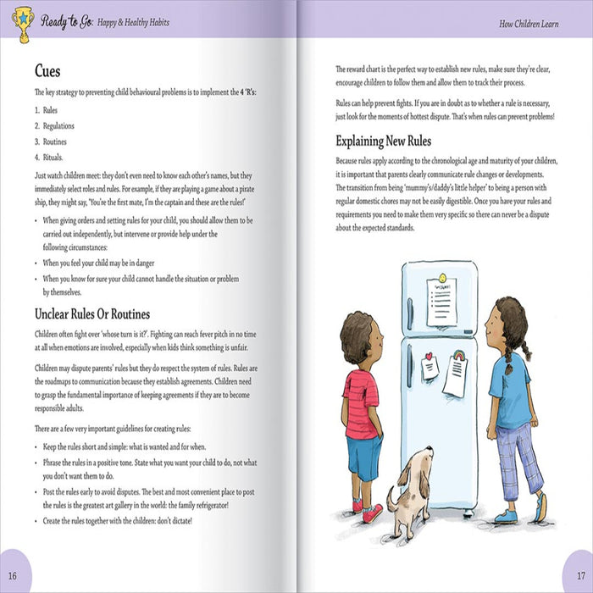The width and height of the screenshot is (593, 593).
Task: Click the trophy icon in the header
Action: click(21, 23)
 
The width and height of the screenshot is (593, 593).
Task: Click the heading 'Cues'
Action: click(47, 71)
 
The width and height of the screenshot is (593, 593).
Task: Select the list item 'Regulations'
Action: click(58, 126)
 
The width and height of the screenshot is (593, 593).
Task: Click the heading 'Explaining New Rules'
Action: click(383, 141)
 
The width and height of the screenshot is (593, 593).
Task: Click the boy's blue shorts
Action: click(364, 457)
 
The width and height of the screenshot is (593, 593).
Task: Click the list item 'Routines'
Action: click(54, 141)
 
